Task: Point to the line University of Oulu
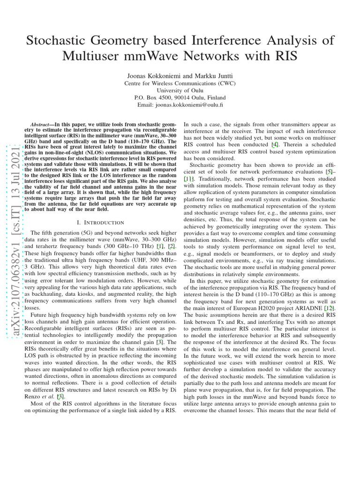click(180, 90)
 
